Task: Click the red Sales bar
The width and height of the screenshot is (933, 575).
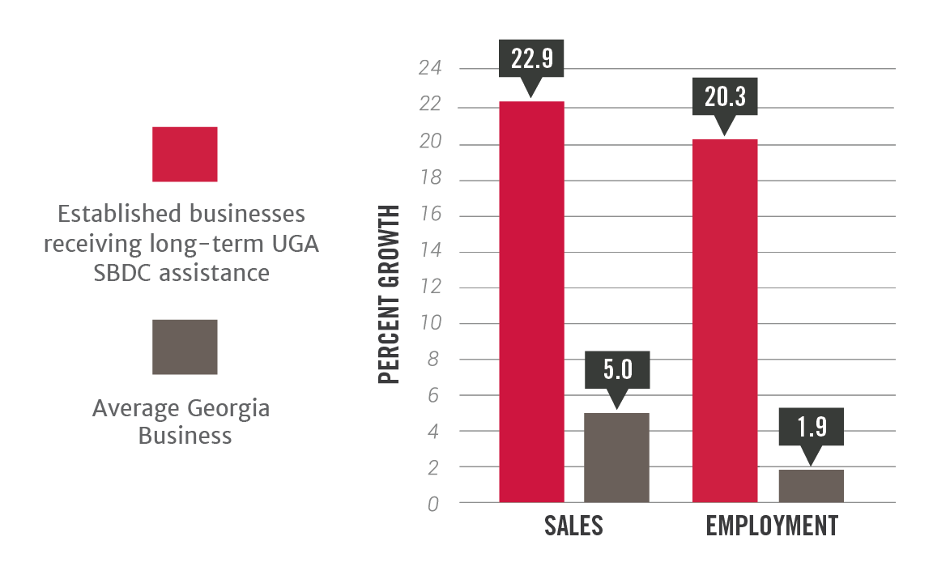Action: point(531,301)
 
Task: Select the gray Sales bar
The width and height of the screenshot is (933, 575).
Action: point(616,458)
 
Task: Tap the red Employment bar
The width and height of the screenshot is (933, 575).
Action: point(726,321)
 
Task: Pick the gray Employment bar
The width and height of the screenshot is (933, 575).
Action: point(811,486)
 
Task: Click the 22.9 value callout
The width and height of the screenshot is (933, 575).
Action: point(531,58)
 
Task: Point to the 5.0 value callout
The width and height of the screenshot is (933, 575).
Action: point(616,370)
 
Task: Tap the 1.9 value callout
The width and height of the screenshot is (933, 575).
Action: point(811,426)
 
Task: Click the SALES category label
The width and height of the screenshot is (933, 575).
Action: point(573,526)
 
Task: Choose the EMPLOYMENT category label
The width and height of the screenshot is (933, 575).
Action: point(772,526)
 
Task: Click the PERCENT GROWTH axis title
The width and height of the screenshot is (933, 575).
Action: point(390,296)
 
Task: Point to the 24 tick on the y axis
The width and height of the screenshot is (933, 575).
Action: point(430,69)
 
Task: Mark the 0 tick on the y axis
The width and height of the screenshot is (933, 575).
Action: point(434,504)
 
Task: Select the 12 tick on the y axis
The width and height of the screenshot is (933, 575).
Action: point(430,287)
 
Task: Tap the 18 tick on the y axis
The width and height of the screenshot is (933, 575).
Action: point(430,179)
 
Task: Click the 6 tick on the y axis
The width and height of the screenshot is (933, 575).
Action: point(434,396)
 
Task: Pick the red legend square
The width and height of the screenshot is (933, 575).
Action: point(185,154)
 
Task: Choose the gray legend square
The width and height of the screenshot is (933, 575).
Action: point(185,347)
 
